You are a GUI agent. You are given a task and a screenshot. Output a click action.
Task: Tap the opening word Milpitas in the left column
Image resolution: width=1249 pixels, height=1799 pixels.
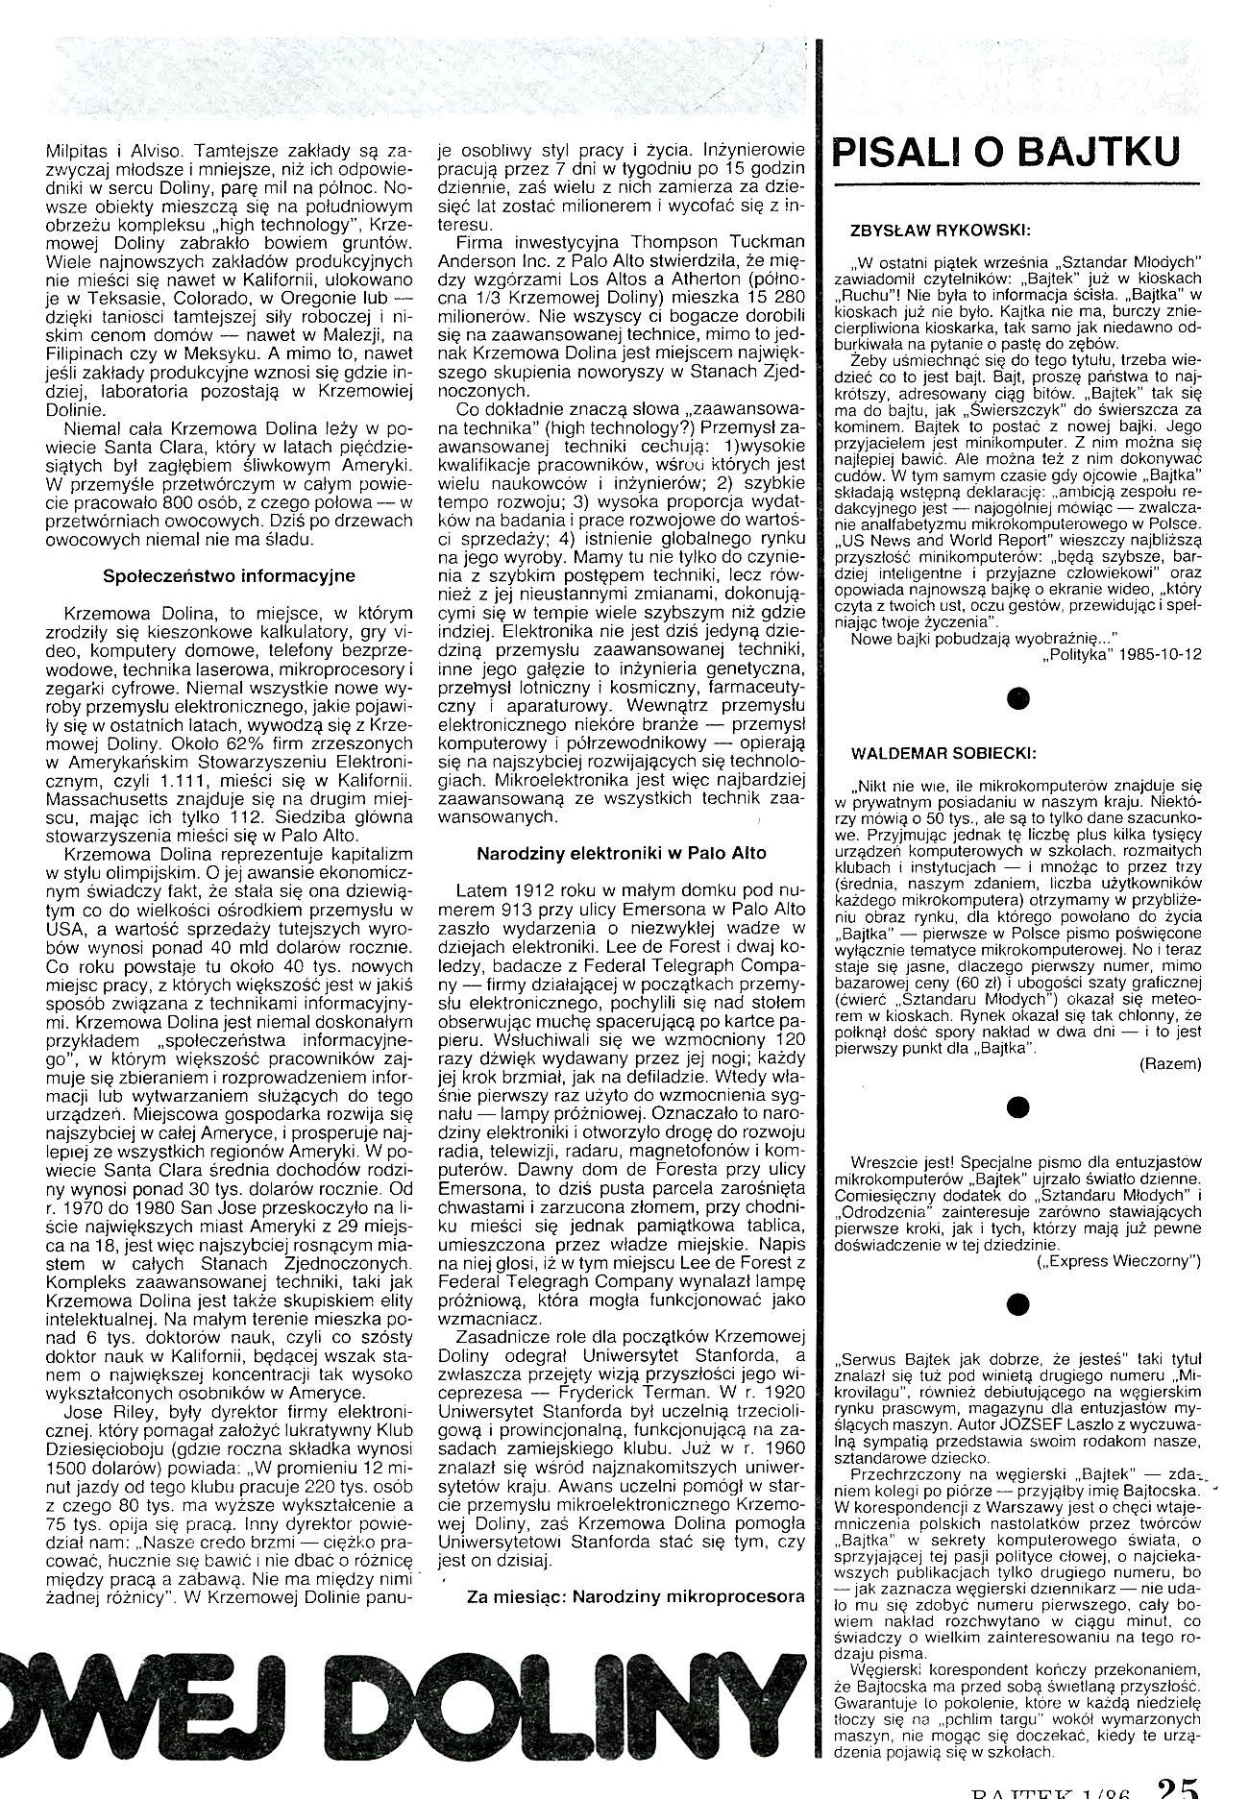point(75,151)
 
